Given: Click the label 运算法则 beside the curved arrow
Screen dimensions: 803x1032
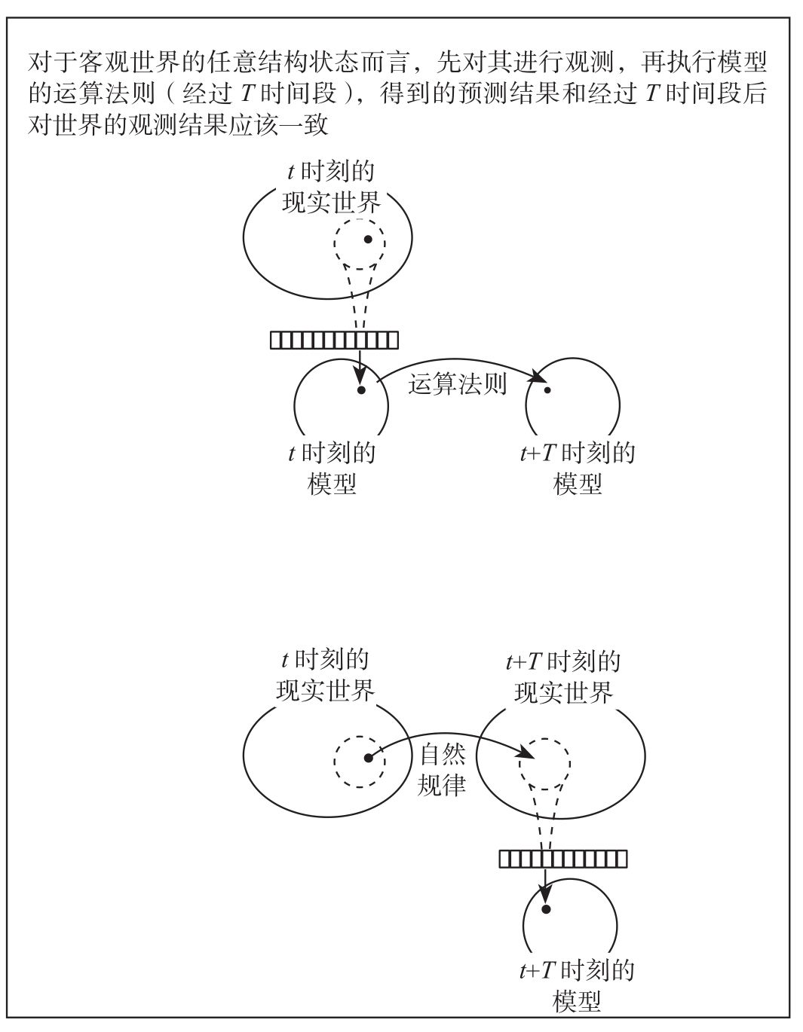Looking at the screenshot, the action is click(457, 384).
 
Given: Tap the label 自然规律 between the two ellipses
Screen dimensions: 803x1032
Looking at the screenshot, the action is click(442, 770).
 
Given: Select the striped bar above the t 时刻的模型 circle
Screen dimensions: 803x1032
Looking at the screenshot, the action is click(334, 340).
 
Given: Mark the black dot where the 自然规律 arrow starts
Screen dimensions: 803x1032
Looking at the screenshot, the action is click(368, 758).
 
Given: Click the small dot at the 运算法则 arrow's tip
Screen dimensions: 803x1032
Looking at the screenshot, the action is click(547, 390).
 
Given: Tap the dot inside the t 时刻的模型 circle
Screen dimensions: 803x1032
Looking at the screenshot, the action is click(361, 390).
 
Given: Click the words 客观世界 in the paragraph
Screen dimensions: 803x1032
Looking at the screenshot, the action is click(130, 63).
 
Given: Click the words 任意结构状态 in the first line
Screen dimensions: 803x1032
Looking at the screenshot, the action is click(284, 63).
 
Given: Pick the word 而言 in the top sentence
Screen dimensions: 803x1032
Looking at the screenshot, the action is click(385, 63).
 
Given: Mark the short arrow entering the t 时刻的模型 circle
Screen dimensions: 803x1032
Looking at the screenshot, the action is click(360, 366).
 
